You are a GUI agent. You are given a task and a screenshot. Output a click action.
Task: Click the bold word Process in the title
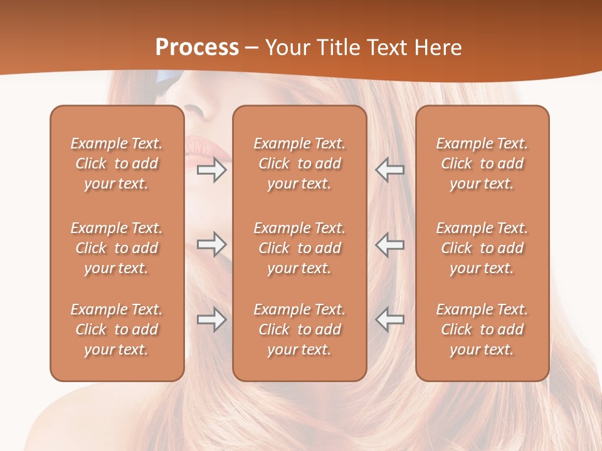coord(197,48)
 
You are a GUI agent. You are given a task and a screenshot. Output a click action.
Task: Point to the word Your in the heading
coord(287,48)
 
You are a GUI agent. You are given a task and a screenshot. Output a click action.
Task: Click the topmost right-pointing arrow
coord(212,170)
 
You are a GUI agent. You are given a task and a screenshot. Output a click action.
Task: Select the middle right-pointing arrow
coord(212,244)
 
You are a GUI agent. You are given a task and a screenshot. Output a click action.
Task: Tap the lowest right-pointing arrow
coord(212,319)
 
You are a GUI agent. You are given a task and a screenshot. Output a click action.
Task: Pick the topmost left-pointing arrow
coord(389,170)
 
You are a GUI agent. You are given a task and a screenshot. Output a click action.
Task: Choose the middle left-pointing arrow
coord(389,244)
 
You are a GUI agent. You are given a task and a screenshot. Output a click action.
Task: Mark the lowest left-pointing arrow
coord(389,319)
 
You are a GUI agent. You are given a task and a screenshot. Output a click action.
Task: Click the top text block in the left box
coord(117,163)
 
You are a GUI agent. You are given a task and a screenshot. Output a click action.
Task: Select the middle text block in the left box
coord(117,248)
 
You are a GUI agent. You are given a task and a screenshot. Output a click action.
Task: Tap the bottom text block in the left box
coord(117,329)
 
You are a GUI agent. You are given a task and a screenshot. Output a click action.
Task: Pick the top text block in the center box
coord(299,163)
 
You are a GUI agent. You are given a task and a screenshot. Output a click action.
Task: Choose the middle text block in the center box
coord(299,248)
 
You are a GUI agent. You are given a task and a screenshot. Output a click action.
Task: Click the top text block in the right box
coord(482,163)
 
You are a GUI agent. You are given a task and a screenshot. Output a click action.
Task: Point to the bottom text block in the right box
coord(482,329)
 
